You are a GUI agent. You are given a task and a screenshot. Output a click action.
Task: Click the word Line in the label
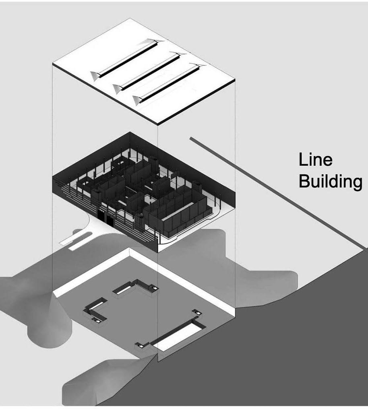[315, 160]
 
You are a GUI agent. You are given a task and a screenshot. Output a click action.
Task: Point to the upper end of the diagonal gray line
[191, 138]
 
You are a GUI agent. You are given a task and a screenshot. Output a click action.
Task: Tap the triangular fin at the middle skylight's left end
[118, 87]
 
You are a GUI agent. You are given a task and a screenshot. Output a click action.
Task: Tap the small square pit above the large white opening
[197, 312]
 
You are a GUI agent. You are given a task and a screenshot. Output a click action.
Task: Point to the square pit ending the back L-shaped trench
[153, 287]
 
